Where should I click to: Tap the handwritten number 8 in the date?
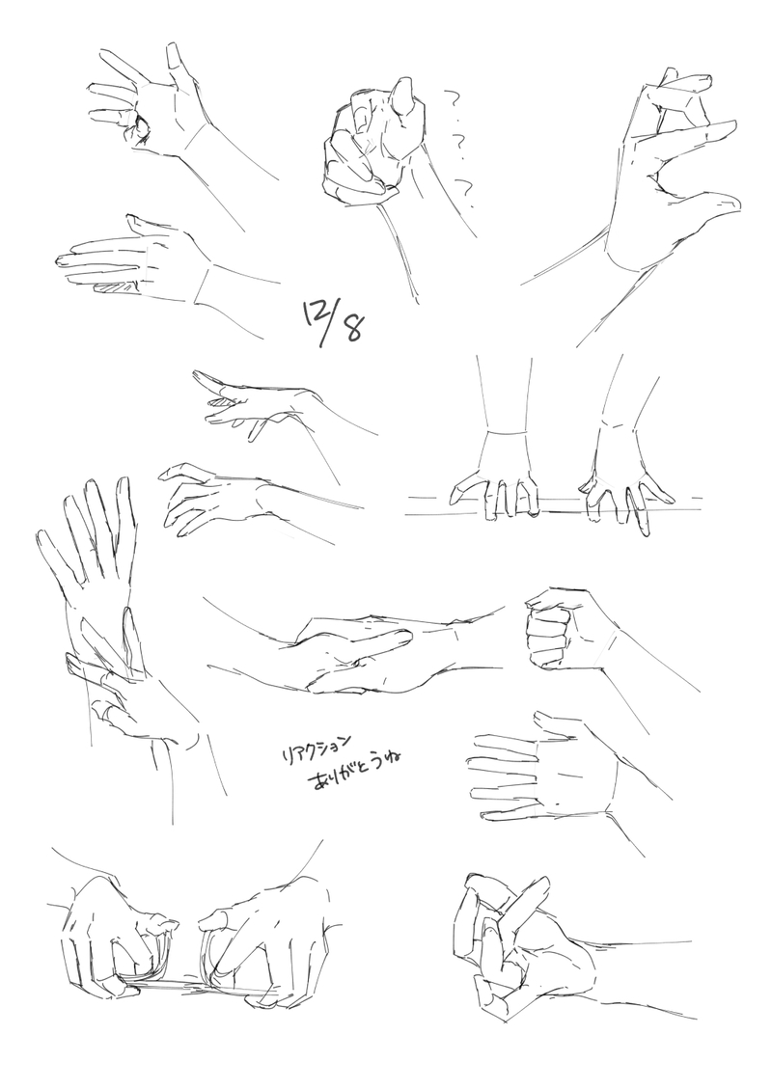pyautogui.click(x=352, y=327)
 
